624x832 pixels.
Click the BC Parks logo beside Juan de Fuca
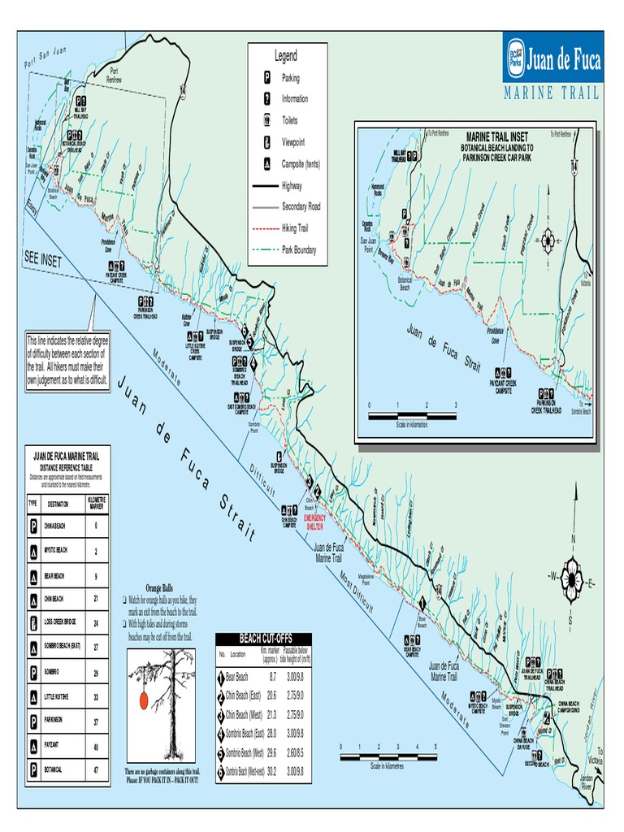pyautogui.click(x=514, y=58)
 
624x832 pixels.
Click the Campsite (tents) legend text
pyautogui.click(x=301, y=163)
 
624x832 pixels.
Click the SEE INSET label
pyautogui.click(x=43, y=257)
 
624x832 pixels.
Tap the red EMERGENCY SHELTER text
pyautogui.click(x=314, y=520)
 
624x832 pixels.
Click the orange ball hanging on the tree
pyautogui.click(x=143, y=700)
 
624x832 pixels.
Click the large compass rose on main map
pyautogui.click(x=573, y=582)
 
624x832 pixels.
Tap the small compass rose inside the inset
pyautogui.click(x=548, y=241)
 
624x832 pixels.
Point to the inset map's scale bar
pyautogui.click(x=412, y=415)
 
